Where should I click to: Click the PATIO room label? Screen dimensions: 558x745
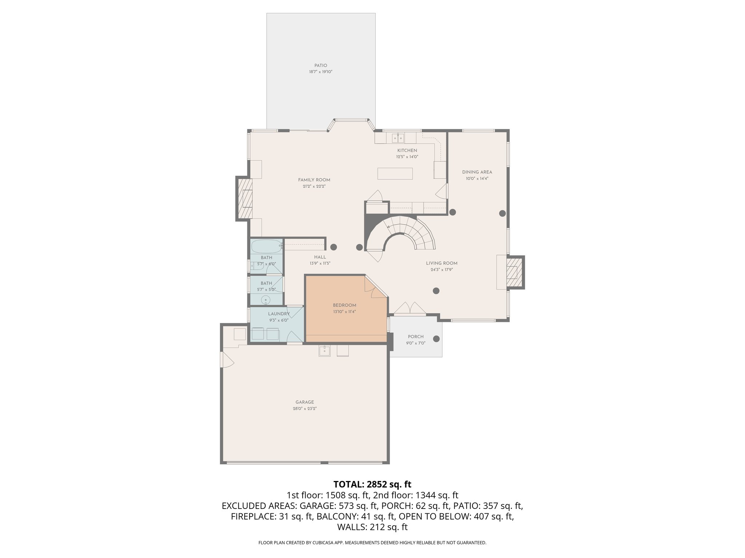[x=320, y=66]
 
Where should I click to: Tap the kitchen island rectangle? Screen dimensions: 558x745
[x=395, y=173]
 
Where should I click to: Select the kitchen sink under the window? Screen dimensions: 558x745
[x=398, y=138]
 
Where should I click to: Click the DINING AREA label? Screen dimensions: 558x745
[x=477, y=172]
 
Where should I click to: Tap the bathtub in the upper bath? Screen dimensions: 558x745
[x=266, y=246]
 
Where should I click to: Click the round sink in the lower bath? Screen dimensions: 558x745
[x=266, y=300]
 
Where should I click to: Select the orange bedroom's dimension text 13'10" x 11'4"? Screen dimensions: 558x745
[x=344, y=312]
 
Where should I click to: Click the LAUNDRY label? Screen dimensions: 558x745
[x=279, y=314]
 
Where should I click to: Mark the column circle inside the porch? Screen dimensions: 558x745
[x=436, y=339]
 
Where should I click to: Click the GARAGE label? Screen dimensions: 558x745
[x=304, y=402]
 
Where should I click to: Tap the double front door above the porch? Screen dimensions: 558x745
[x=410, y=308]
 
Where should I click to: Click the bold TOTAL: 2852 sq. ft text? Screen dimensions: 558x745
[x=372, y=484]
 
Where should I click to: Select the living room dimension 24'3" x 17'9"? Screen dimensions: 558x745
[x=442, y=270]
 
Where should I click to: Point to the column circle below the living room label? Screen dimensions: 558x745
[x=436, y=291]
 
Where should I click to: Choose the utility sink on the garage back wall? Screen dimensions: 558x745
[x=324, y=351]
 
